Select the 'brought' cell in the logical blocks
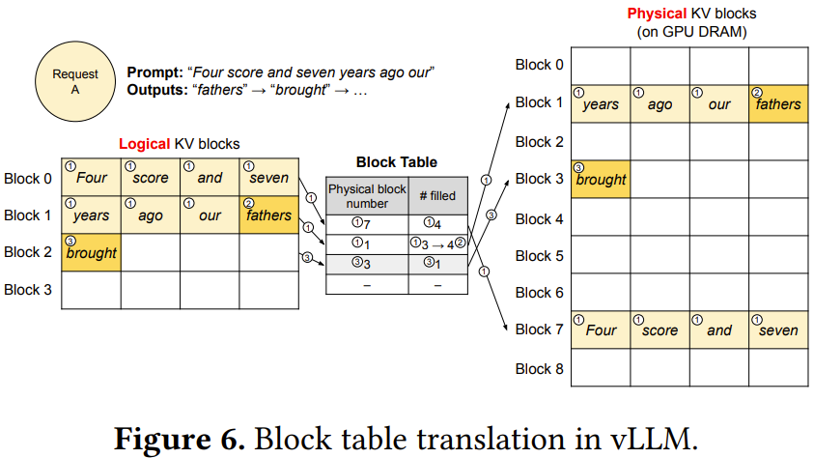pos(91,252)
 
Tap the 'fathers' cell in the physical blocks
pos(777,103)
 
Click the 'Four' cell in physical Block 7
pos(601,329)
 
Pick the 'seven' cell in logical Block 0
pos(268,178)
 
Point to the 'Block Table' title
pos(396,162)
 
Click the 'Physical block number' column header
pos(367,196)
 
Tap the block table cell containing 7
pos(367,224)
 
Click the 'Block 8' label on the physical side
pos(539,367)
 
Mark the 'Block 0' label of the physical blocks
pos(539,65)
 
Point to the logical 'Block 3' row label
pos(28,289)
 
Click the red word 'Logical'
pos(146,143)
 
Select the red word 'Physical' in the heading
pos(656,14)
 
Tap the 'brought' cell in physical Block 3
pos(601,179)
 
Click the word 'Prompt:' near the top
pos(154,72)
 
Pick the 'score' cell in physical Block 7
pos(660,329)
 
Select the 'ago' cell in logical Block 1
pos(150,215)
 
